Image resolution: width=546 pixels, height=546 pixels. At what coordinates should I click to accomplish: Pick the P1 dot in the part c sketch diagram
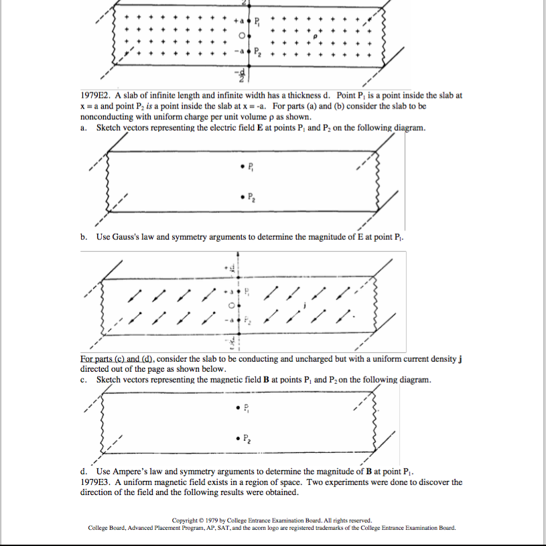pos(240,407)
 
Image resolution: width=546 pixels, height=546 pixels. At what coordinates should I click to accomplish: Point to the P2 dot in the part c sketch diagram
pos(240,438)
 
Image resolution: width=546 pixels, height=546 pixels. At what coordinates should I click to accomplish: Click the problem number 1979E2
pos(98,96)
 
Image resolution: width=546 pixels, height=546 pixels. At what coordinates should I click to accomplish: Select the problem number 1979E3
pos(98,482)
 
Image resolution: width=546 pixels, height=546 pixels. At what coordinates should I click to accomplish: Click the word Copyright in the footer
pos(188,520)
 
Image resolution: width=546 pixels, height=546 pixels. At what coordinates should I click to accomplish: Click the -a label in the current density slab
pos(230,320)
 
